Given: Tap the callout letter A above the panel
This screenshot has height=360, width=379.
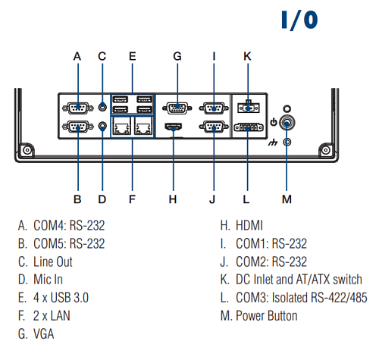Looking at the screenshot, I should [x=77, y=56].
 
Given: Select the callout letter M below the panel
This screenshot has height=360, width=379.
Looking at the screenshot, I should [x=287, y=199].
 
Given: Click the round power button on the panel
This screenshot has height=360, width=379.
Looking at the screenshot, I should [x=287, y=121].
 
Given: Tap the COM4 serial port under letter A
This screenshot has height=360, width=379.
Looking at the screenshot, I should [x=77, y=108].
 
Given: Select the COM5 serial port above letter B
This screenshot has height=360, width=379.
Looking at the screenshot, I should [x=77, y=127].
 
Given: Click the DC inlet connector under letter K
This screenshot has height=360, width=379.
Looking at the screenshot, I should [x=246, y=107].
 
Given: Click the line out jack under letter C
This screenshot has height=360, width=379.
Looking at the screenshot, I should [x=103, y=107].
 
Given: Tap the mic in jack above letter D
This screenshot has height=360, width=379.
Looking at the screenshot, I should [x=103, y=127].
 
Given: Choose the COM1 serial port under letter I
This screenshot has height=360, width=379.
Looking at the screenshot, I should [x=213, y=108].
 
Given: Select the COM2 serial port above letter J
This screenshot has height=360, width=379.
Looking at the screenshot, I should [x=213, y=127].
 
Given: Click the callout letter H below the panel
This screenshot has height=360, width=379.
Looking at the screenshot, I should [x=174, y=199].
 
